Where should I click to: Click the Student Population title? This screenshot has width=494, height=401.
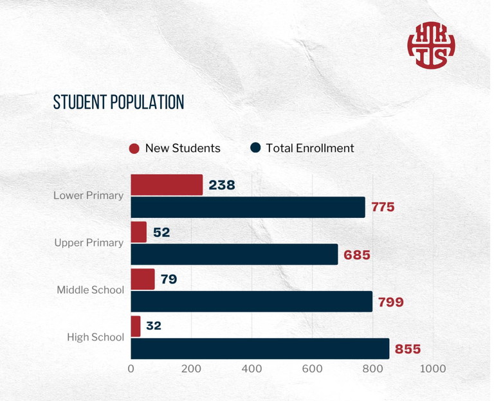point(118,102)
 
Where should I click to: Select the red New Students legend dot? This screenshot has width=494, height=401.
point(134,148)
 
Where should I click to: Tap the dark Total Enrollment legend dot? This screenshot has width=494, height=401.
point(255,148)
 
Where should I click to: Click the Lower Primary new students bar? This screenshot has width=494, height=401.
point(167,185)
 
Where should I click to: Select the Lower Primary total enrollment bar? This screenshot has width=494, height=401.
point(248,208)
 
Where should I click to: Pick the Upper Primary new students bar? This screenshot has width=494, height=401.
point(138,232)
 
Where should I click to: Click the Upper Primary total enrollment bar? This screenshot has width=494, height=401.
point(234,254)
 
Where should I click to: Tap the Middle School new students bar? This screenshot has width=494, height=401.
point(143,279)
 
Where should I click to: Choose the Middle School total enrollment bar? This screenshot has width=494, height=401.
point(252,301)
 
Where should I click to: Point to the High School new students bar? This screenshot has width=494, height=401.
point(136,326)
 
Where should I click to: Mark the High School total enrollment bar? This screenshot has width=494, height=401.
point(260,348)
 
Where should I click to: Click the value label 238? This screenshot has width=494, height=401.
point(222,185)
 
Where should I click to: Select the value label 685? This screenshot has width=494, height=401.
point(357,254)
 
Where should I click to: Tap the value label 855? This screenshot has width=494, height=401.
point(408,349)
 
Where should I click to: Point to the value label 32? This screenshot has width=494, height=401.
point(154,326)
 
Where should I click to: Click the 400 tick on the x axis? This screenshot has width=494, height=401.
point(252,369)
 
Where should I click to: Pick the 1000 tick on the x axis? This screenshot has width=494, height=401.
point(433,369)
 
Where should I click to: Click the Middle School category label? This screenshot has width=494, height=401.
point(90,290)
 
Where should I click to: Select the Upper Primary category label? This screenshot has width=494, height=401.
point(89,243)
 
